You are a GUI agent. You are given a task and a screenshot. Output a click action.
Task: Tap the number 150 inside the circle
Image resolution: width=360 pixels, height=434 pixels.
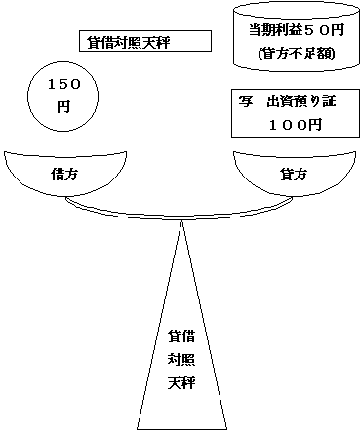[63, 86]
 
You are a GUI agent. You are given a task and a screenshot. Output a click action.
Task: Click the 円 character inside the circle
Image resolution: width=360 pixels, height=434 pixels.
[63, 107]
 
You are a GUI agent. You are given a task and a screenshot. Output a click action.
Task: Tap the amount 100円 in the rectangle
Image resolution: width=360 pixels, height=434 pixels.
[293, 125]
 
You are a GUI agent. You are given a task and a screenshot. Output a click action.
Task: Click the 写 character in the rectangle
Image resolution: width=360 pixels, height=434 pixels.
[245, 101]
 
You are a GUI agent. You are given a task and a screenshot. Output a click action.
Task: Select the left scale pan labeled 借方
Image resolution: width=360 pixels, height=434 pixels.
[65, 171]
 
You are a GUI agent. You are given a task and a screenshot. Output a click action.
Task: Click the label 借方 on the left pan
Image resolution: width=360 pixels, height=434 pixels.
[65, 174]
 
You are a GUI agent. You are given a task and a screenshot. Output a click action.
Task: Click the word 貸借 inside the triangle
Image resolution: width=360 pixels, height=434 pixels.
[181, 336]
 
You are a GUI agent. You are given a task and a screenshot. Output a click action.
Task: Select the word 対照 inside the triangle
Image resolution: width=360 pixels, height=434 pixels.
[181, 359]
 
